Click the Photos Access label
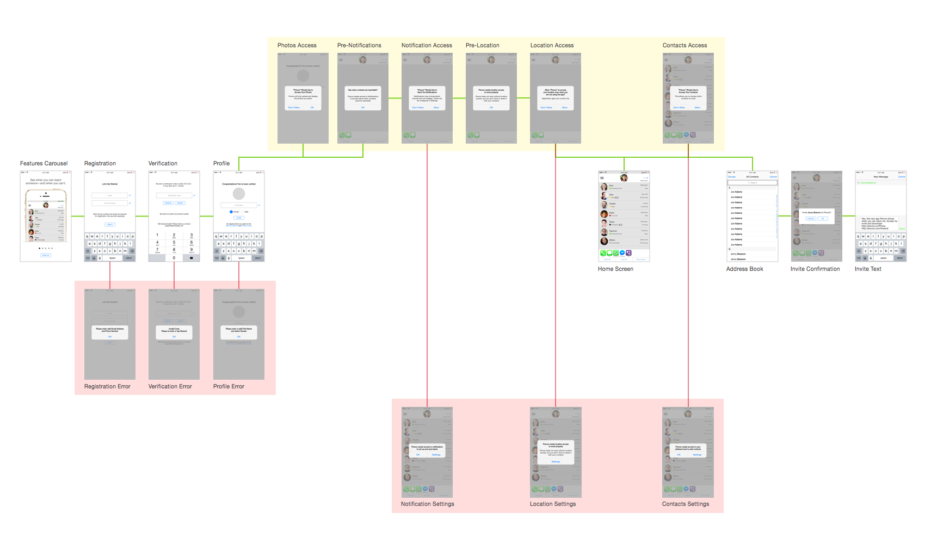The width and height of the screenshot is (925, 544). pyautogui.click(x=297, y=46)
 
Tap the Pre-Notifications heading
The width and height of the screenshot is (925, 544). pyautogui.click(x=359, y=46)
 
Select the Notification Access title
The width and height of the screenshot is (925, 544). pyautogui.click(x=427, y=46)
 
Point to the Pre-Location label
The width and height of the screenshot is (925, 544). pyautogui.click(x=482, y=46)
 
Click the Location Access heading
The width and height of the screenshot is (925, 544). pyautogui.click(x=552, y=46)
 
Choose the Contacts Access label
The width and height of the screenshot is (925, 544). pyautogui.click(x=684, y=46)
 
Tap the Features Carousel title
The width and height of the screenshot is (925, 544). pyautogui.click(x=44, y=164)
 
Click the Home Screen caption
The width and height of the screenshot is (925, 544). pyautogui.click(x=615, y=269)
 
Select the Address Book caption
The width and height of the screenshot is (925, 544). pyautogui.click(x=744, y=269)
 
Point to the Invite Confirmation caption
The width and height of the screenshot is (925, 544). pyautogui.click(x=815, y=269)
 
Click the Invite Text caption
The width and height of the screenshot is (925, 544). pyautogui.click(x=868, y=269)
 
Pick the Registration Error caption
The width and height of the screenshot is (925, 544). pyautogui.click(x=107, y=387)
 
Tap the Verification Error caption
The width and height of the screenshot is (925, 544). pyautogui.click(x=170, y=387)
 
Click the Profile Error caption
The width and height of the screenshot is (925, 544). pyautogui.click(x=229, y=387)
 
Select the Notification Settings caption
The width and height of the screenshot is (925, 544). pyautogui.click(x=427, y=504)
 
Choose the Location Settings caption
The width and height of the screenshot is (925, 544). pyautogui.click(x=553, y=504)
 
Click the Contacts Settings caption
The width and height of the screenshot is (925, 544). pyautogui.click(x=686, y=504)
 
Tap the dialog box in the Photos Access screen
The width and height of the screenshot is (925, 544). pyautogui.click(x=303, y=98)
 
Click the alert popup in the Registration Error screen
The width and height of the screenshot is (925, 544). pyautogui.click(x=110, y=332)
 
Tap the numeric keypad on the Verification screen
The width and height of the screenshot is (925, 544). pyautogui.click(x=174, y=246)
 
